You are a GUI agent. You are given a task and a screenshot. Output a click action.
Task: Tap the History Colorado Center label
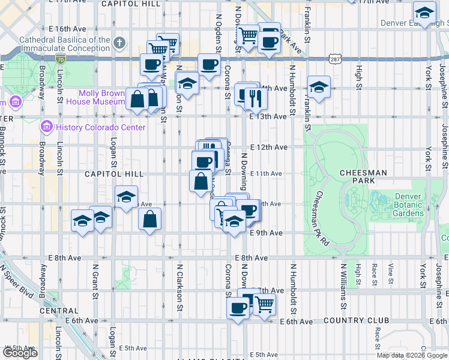tap(100, 127)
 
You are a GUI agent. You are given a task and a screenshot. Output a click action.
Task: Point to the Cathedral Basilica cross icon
tap(119, 43)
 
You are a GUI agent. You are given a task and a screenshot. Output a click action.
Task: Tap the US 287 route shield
tap(335, 58)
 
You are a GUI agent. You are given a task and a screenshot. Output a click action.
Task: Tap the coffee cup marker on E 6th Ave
tap(238, 308)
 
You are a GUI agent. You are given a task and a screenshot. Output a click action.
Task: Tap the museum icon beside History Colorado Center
tap(46, 127)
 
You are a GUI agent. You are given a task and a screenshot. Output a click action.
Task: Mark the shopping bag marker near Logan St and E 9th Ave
tap(149, 219)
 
